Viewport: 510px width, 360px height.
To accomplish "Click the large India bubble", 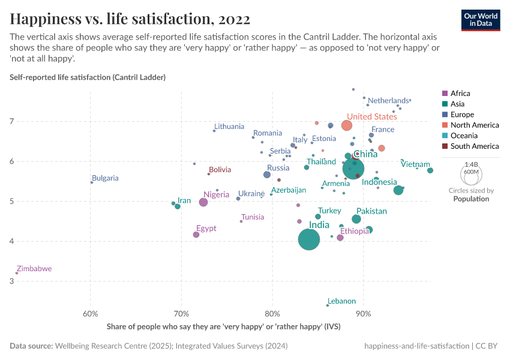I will click(309, 239).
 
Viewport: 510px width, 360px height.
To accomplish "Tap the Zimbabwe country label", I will click(34, 269).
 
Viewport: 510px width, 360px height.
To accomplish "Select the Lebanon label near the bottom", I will click(342, 301).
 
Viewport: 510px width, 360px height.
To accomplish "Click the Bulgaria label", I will click(105, 178).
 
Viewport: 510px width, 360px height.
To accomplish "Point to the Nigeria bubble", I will click(203, 202).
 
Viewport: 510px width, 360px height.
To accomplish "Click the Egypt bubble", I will click(196, 235).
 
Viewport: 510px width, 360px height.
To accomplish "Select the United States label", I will click(372, 117).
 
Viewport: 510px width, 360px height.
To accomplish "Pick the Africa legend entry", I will click(460, 94).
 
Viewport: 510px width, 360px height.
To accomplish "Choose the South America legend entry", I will click(475, 146).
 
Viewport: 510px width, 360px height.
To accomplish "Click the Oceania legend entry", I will click(464, 136).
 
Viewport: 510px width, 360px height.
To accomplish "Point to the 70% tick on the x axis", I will click(181, 314).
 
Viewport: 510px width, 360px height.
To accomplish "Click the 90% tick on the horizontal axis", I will click(363, 314).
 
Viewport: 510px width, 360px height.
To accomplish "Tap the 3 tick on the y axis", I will click(11, 281).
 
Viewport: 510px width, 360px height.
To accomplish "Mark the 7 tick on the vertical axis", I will click(11, 121).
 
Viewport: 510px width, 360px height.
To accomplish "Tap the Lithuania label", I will click(229, 127).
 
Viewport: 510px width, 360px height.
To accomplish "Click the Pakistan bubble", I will click(356, 219).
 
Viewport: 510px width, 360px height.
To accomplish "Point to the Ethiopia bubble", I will click(340, 238).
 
